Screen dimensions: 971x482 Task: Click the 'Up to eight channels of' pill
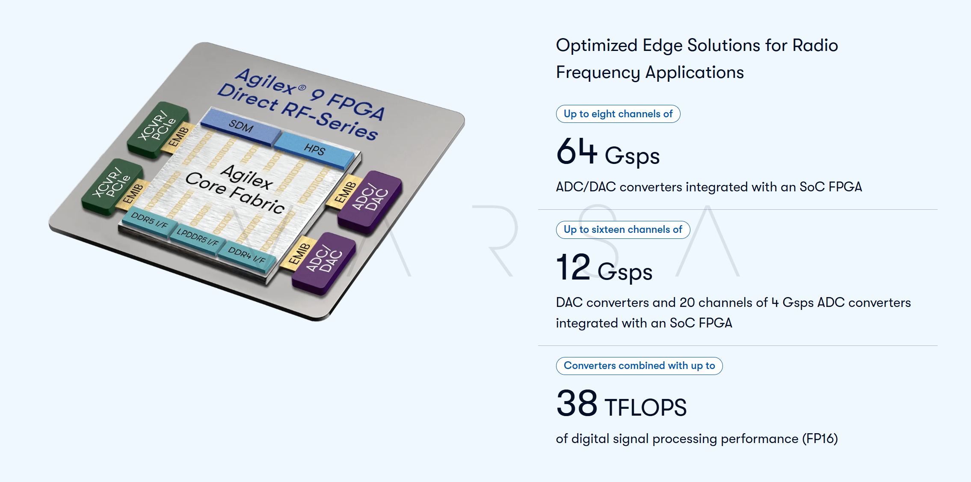(618, 114)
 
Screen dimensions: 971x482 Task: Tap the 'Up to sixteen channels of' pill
(623, 229)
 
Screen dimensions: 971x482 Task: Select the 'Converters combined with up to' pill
(639, 366)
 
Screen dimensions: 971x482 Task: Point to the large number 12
(574, 267)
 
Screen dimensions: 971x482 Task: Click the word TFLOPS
(645, 407)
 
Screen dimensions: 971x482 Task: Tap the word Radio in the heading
(815, 45)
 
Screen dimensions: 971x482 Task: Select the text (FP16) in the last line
(820, 438)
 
